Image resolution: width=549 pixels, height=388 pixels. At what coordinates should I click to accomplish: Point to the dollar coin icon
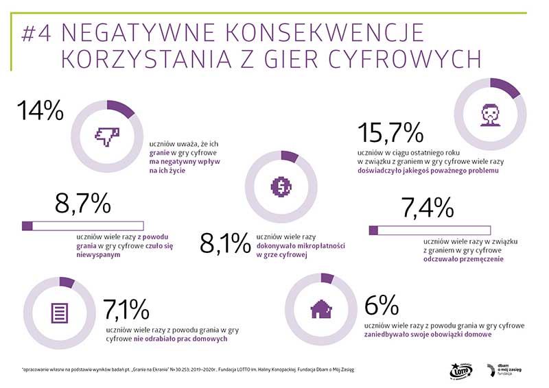281,185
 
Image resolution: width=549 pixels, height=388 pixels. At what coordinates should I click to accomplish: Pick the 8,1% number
224,243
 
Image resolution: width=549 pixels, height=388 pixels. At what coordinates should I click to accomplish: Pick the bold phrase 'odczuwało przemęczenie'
464,260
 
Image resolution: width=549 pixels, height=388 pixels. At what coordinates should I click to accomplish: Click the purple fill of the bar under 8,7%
28,226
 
